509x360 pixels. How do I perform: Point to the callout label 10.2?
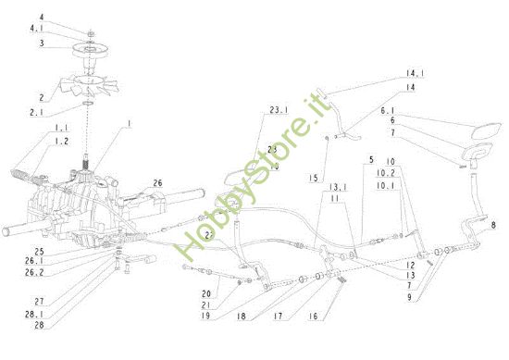click(387, 172)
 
